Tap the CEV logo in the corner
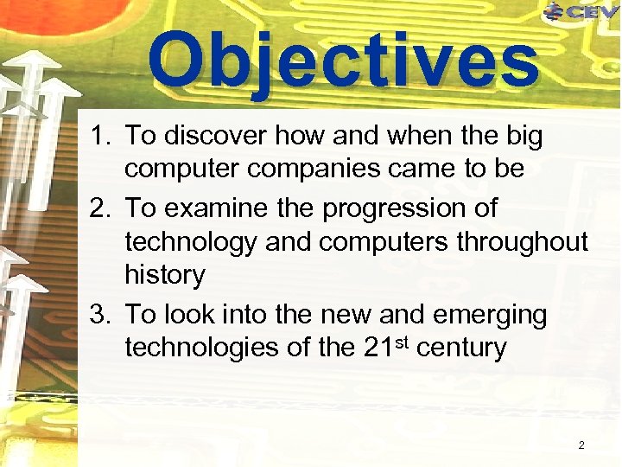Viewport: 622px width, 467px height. point(581,11)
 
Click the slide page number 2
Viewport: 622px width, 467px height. point(581,445)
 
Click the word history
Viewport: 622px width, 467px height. point(165,276)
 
